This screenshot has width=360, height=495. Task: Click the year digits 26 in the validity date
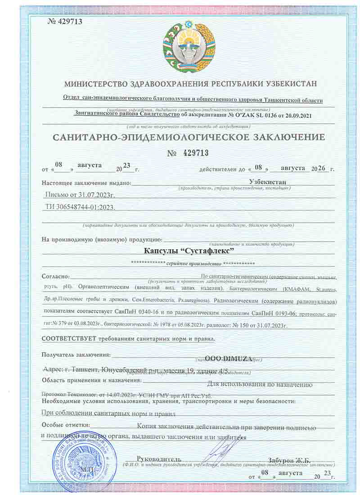pyautogui.click(x=321, y=168)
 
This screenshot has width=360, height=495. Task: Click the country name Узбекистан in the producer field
pyautogui.click(x=267, y=182)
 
